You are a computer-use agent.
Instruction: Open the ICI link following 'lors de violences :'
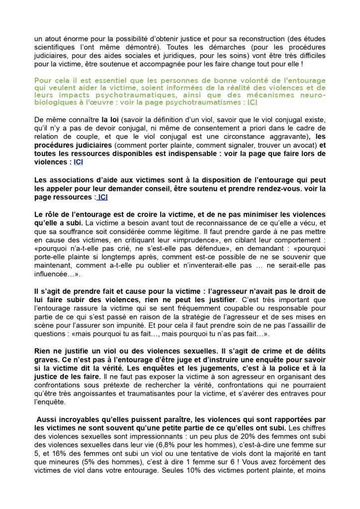pos(78,162)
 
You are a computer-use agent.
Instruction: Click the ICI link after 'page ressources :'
pos(102,197)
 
